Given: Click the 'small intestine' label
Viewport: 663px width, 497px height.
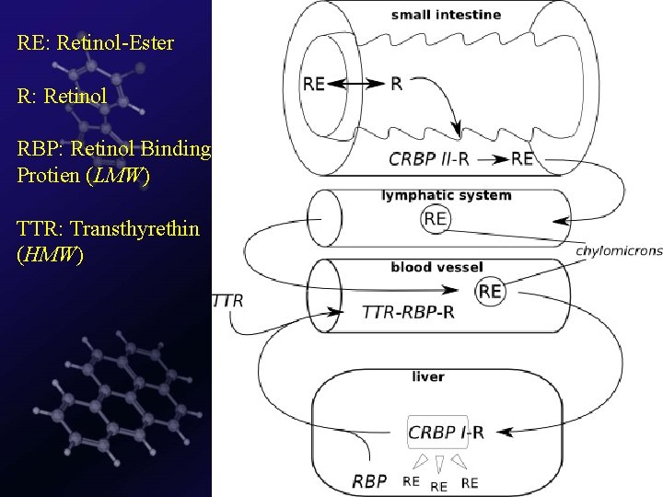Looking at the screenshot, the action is [x=446, y=15].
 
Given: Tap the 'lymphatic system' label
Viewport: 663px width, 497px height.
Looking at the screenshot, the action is [x=446, y=195].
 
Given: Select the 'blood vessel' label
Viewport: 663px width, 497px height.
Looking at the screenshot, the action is [x=436, y=268].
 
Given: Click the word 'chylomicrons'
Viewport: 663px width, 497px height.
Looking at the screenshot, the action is [x=618, y=249].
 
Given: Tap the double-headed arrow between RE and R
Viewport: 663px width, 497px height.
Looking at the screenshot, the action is [x=355, y=84].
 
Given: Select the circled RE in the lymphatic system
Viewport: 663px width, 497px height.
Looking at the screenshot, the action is [x=436, y=218].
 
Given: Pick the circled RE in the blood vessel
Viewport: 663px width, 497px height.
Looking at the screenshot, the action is [x=491, y=291].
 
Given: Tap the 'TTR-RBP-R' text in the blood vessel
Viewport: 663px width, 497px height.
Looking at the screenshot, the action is [x=410, y=313].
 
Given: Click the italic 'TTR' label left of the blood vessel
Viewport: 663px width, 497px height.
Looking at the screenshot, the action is [x=228, y=300].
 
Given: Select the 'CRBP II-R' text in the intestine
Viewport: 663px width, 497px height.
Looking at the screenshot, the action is [x=429, y=158].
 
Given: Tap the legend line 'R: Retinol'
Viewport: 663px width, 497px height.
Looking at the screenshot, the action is [x=62, y=95].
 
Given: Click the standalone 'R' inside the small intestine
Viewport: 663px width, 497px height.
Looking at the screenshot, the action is [x=396, y=84].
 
